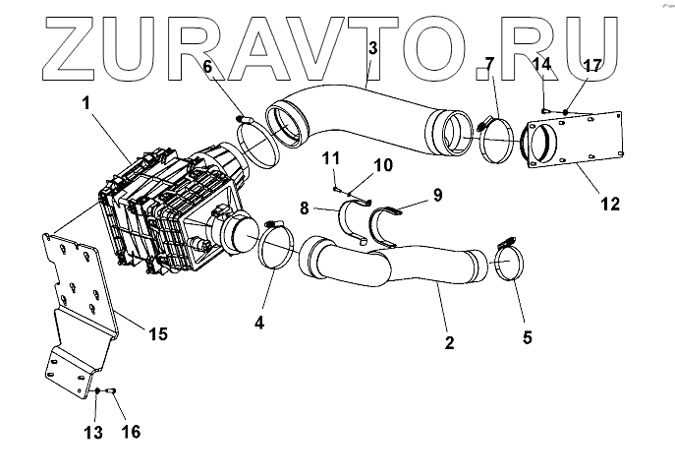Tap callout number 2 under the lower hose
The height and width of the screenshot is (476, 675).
(449, 343)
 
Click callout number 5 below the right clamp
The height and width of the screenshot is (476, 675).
(527, 336)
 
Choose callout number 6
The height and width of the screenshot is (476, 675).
(208, 67)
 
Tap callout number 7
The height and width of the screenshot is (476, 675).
(489, 66)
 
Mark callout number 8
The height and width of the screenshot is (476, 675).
(305, 208)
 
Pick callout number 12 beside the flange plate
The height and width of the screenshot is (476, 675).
(610, 205)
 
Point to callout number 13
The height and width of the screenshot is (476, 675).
(93, 433)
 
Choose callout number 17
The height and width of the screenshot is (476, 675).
(591, 67)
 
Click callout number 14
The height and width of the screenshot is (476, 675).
(546, 65)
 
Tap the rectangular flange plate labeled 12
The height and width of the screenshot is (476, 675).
(580, 144)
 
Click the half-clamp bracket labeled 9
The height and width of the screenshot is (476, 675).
(388, 221)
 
